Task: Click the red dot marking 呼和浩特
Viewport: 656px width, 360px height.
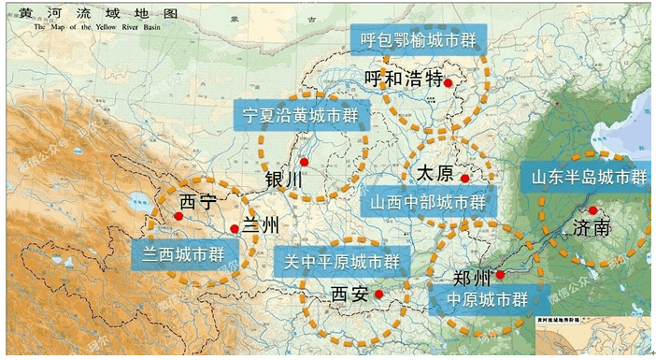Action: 449,83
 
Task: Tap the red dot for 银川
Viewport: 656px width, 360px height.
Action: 304,162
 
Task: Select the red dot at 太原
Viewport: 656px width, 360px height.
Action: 463,178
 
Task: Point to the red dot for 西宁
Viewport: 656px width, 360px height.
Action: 178,216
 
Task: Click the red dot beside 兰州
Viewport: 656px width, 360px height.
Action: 234,228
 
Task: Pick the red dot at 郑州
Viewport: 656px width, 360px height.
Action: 501,274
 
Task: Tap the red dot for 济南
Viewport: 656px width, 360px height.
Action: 592,210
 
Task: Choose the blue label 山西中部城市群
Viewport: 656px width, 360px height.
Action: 427,202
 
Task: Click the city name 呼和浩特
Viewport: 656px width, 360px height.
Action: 402,79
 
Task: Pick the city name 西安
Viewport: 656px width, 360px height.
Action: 350,295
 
